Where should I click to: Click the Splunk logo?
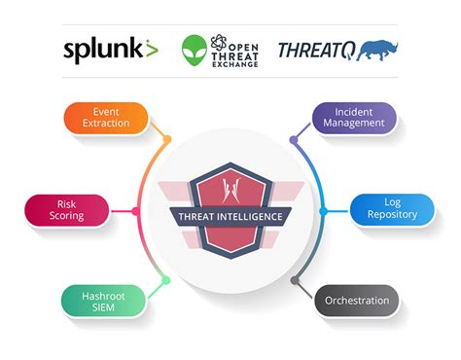tap(109, 50)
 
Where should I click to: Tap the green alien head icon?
tap(195, 51)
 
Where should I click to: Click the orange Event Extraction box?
tap(106, 118)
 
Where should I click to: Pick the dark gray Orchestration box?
tap(357, 301)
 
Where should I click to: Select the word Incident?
tap(355, 111)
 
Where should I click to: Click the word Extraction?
tap(106, 125)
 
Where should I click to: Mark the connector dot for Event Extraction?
tap(167, 138)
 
